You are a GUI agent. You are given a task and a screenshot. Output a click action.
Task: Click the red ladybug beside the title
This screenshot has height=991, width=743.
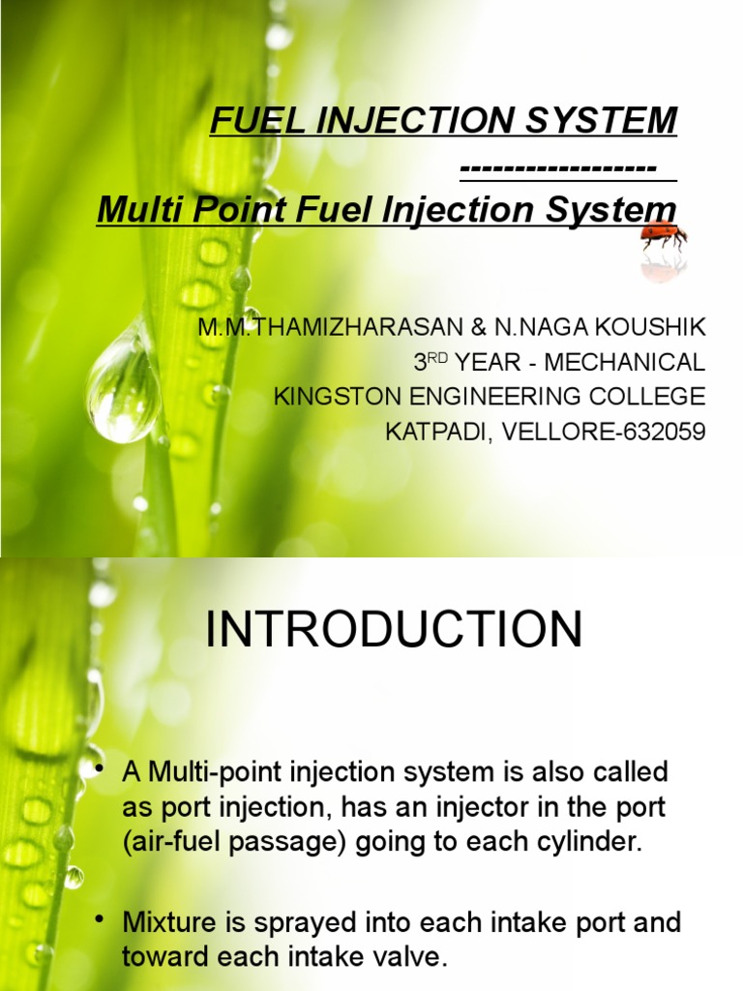[664, 235]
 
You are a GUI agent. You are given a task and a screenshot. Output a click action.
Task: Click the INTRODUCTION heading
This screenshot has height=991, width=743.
[395, 631]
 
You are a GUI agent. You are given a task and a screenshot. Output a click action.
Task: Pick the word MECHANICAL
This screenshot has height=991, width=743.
[625, 363]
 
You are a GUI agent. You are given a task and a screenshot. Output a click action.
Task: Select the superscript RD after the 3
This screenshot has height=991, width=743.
[438, 357]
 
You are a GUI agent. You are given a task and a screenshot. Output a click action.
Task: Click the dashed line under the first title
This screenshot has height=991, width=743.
[566, 169]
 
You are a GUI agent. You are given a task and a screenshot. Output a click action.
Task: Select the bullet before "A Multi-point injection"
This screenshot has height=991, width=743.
[100, 768]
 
